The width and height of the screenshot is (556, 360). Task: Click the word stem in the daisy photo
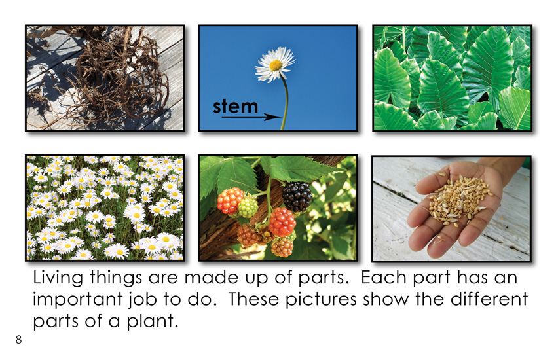click(235, 105)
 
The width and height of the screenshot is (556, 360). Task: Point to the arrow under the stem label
click(251, 117)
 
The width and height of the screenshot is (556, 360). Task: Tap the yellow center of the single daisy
click(276, 65)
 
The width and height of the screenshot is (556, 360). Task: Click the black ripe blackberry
click(297, 196)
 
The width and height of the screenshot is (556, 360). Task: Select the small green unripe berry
click(248, 207)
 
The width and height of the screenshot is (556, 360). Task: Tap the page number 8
click(18, 340)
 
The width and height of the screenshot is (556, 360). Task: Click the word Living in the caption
click(58, 278)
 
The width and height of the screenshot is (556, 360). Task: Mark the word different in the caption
click(489, 298)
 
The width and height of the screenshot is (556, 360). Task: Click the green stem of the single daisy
click(285, 103)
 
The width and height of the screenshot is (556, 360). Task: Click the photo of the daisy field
click(105, 208)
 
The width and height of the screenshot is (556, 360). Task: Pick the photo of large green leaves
click(452, 78)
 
